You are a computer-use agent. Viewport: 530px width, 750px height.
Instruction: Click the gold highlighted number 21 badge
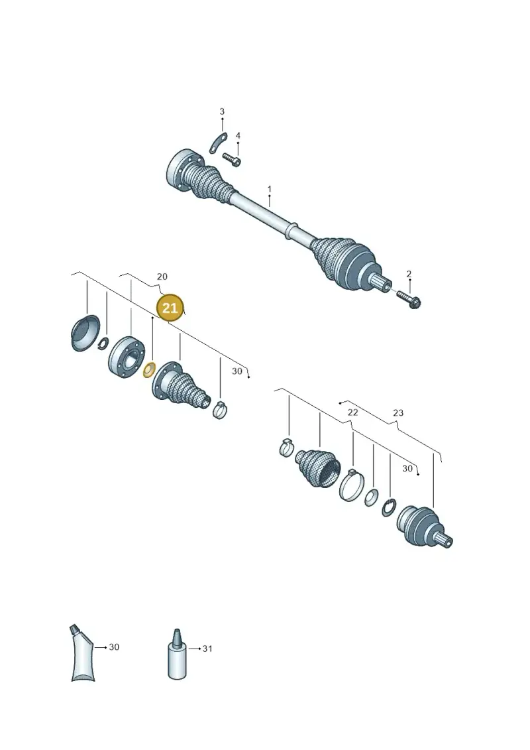[170, 308]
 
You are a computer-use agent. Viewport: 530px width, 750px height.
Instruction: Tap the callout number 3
[222, 111]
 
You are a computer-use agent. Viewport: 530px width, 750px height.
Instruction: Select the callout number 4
[238, 136]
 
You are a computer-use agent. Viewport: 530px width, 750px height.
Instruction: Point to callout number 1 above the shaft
[269, 190]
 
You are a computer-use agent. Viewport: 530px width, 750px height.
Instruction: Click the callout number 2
[409, 274]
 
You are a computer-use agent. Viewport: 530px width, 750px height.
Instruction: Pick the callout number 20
[162, 277]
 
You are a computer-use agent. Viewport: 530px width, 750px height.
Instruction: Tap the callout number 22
[352, 412]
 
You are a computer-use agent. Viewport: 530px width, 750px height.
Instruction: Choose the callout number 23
[398, 412]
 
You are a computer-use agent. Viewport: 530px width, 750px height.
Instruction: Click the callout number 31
[207, 649]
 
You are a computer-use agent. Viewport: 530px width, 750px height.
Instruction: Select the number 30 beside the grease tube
[114, 647]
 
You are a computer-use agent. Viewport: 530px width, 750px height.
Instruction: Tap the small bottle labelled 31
[178, 654]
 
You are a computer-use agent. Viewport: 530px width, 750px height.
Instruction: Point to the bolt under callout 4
[231, 159]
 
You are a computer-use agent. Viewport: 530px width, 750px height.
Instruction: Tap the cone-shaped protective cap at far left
[85, 333]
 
